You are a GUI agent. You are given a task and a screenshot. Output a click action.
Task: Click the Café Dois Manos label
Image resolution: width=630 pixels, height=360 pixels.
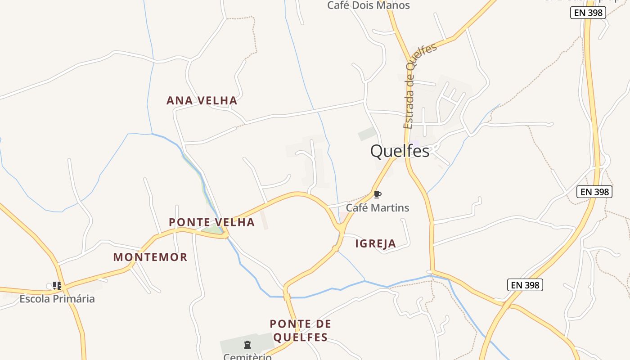point(369,5)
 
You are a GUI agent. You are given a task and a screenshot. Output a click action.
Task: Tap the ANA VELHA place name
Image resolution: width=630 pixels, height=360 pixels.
point(202,100)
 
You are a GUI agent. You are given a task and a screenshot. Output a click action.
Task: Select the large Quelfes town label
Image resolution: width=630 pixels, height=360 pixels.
point(400,151)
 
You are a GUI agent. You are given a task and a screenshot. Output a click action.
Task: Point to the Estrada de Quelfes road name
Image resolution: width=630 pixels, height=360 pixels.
point(414,85)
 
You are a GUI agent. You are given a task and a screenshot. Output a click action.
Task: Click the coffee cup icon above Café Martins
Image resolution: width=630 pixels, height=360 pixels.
point(377,194)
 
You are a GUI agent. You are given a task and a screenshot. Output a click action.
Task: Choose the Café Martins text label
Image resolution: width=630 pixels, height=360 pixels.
point(377,207)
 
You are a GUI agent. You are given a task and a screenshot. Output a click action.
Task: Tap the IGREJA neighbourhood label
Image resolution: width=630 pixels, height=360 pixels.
point(376,243)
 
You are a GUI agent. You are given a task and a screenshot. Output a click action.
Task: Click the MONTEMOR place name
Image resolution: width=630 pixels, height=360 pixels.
point(150,257)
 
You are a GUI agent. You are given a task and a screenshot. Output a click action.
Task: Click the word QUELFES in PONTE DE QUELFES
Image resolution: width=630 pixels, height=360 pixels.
point(300,337)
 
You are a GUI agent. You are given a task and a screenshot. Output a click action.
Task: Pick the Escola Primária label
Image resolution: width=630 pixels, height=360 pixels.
point(57,298)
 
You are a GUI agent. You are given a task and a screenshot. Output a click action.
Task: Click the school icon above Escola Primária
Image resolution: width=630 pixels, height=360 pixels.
point(57,285)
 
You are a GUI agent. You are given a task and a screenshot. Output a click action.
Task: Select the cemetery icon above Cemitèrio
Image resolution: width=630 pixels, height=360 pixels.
point(247,345)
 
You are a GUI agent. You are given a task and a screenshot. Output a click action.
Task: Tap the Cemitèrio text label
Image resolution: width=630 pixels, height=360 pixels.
point(247,356)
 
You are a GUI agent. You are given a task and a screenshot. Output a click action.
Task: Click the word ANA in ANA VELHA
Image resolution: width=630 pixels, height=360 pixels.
point(177,100)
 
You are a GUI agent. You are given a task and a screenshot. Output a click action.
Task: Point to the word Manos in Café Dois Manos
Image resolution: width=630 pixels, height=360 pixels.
point(394,5)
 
